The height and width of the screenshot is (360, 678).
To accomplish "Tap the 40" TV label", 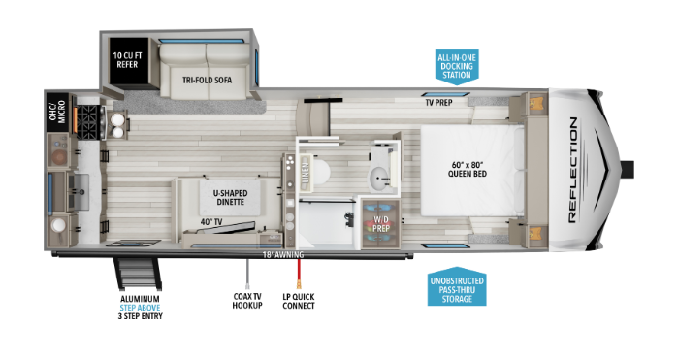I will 212,223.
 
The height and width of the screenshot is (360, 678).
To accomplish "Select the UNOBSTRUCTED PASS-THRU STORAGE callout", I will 457,288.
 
